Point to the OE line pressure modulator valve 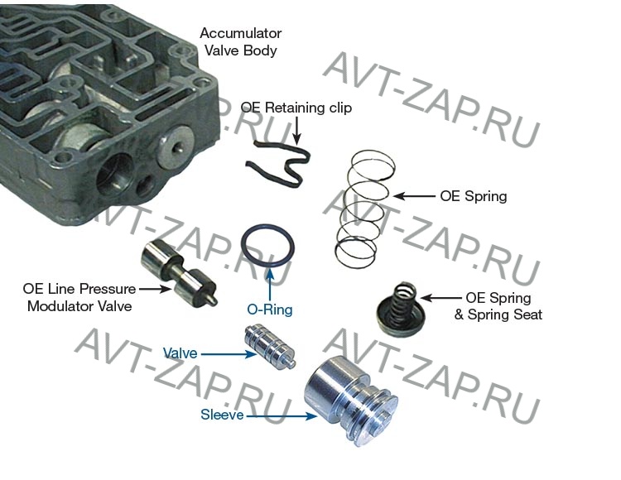(178, 273)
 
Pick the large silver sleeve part (350, 401)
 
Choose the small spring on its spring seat (397, 310)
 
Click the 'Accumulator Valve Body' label (240, 41)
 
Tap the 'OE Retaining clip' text (296, 108)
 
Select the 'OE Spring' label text (474, 196)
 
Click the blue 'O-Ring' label (270, 309)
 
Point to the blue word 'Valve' (181, 353)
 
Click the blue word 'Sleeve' (222, 415)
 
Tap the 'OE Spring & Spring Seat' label (498, 306)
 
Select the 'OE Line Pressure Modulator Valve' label (79, 297)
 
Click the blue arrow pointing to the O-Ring (270, 284)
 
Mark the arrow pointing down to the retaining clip (296, 129)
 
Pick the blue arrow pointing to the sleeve (282, 416)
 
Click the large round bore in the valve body (115, 175)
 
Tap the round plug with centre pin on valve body (176, 145)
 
